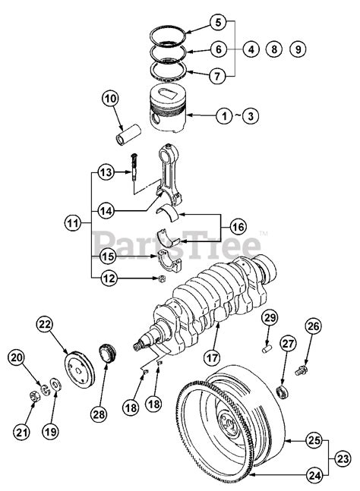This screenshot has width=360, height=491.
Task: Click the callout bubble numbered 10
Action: coord(111,99)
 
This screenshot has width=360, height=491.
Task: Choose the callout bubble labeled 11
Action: coord(72,224)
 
